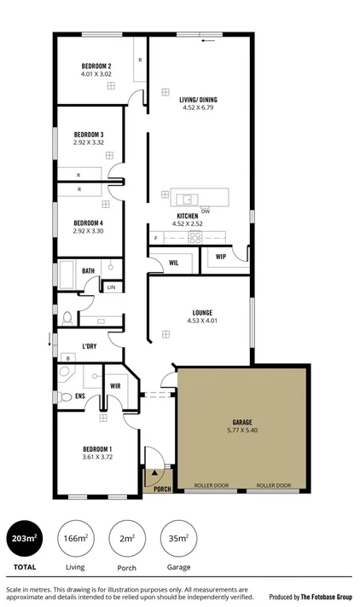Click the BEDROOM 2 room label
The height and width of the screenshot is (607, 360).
coord(97,66)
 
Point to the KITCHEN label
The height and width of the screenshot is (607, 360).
coord(188,217)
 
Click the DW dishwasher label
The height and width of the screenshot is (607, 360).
coord(206,211)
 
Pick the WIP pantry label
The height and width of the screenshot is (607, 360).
coord(220,257)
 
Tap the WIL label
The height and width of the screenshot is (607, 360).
coord(172,263)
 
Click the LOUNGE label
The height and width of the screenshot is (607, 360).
coord(203,312)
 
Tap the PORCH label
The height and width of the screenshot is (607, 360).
coord(162,488)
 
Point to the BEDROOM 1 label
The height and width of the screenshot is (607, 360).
coord(97,449)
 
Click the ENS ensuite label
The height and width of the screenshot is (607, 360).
coord(79,396)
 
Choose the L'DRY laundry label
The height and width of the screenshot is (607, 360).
coord(89,345)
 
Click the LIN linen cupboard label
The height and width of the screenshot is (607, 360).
coord(112,287)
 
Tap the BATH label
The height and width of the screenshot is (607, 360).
coord(88,271)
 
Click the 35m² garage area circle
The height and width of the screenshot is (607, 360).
coord(179,538)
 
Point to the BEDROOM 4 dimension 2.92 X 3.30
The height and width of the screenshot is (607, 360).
coord(88,230)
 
